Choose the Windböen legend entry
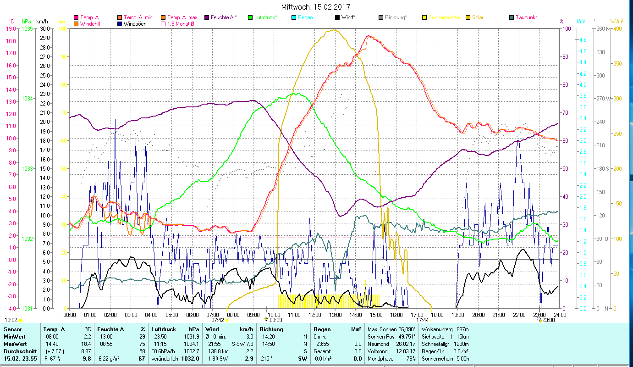tap(135, 23)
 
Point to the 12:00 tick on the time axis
tap(315, 315)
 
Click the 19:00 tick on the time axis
tap(458, 315)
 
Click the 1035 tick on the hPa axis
tap(28, 28)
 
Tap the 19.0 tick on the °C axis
tap(11, 28)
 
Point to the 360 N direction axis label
tap(602, 28)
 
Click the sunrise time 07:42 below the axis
tap(218, 320)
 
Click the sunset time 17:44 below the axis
tap(422, 320)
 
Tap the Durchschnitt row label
tap(20, 351)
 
